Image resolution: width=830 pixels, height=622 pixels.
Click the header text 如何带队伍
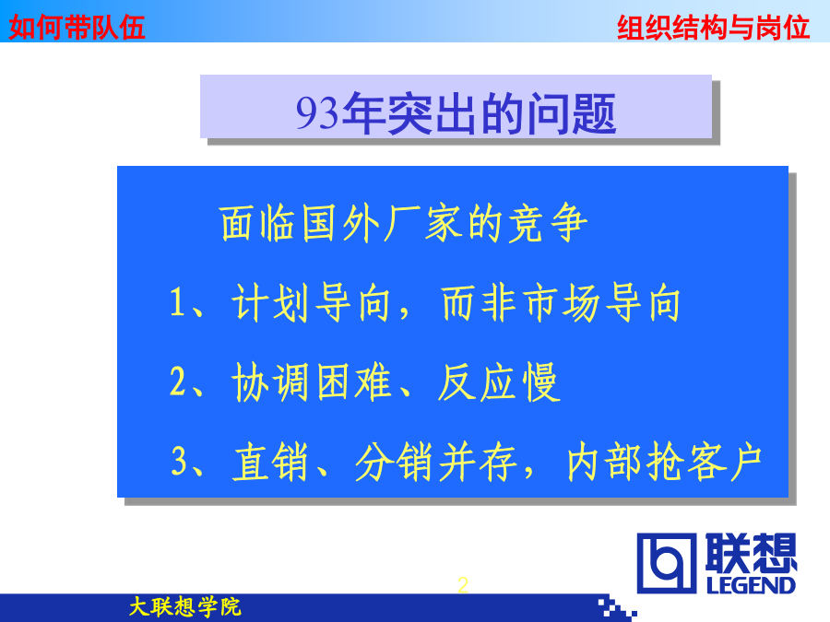[x=77, y=27]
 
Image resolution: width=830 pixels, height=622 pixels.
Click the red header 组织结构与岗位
[x=713, y=27]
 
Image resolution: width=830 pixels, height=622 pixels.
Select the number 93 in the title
[x=316, y=113]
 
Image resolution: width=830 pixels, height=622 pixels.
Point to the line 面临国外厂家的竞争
[x=403, y=223]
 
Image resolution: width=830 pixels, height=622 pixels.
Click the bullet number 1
[x=177, y=302]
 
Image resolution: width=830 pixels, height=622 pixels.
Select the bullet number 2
[x=178, y=381]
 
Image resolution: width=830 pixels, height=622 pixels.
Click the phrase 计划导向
[x=311, y=302]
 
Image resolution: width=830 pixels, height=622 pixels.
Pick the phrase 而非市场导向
[x=561, y=302]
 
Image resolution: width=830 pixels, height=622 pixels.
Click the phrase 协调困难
[x=311, y=381]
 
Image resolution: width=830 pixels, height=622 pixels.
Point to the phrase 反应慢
[x=498, y=381]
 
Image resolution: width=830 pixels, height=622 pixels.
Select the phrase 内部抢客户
[x=664, y=462]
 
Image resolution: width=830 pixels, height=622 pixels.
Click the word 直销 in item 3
[x=270, y=462]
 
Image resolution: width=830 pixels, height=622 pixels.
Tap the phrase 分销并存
[x=436, y=462]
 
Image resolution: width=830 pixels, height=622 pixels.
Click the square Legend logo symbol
[x=667, y=563]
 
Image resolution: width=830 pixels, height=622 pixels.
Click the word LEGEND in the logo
[x=751, y=585]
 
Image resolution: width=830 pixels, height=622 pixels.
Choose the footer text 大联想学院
[x=184, y=606]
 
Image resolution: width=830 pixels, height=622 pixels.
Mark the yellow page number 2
[x=463, y=585]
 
